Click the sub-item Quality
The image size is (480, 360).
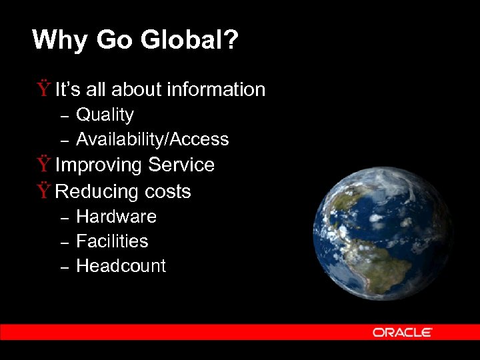tap(105, 115)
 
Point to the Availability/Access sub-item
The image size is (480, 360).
tap(153, 139)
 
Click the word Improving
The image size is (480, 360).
tap(99, 165)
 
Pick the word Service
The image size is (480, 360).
tap(181, 165)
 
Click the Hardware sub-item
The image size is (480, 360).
tap(117, 217)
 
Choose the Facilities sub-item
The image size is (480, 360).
tap(112, 241)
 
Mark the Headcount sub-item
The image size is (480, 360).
tap(121, 265)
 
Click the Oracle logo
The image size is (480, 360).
tap(403, 332)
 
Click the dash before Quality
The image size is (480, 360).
tap(65, 117)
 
